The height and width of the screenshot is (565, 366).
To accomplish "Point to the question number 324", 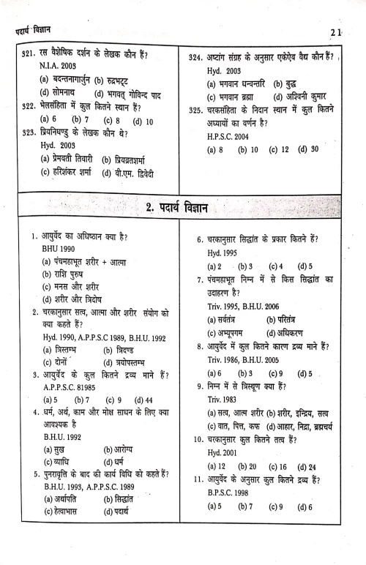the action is click(195, 56).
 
